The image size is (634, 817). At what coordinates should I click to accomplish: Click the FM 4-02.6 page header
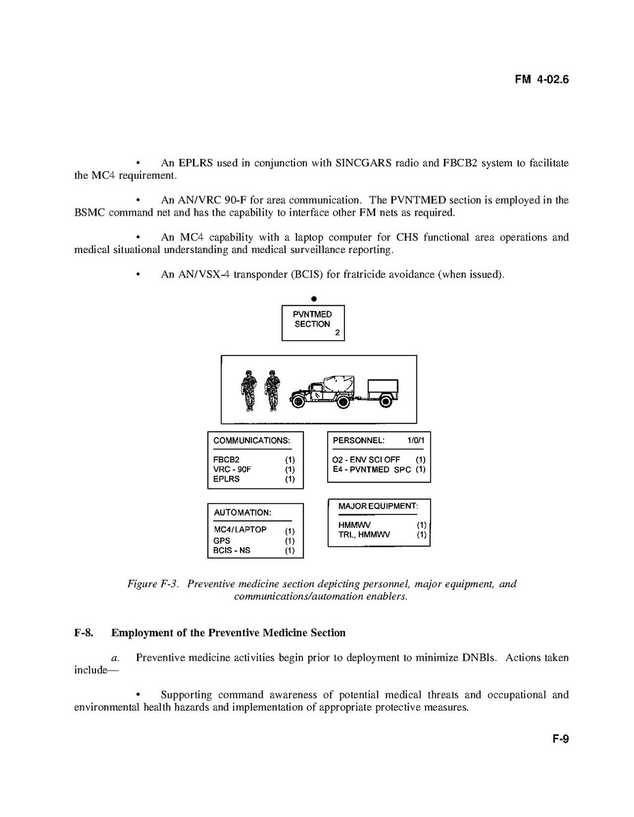[x=541, y=80]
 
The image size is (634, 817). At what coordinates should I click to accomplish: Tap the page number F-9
[x=560, y=739]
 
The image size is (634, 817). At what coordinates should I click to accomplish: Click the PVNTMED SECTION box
[x=313, y=323]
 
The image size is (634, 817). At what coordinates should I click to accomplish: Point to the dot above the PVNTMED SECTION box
[x=313, y=299]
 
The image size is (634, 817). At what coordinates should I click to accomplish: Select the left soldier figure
[x=249, y=390]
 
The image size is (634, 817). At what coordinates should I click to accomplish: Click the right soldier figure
[x=273, y=390]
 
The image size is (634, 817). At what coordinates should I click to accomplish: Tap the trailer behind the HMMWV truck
[x=380, y=391]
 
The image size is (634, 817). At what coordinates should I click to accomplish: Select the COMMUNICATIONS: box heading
[x=252, y=441]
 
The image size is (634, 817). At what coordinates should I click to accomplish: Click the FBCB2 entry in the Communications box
[x=226, y=460]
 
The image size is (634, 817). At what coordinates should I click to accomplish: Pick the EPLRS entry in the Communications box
[x=226, y=479]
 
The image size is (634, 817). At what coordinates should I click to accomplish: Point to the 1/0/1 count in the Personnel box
[x=415, y=441]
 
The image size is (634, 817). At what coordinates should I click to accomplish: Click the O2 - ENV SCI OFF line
[x=366, y=460]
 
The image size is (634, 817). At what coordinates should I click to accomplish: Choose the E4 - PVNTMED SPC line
[x=371, y=469]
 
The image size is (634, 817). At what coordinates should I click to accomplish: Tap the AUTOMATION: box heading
[x=243, y=512]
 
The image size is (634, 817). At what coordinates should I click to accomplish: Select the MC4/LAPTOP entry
[x=240, y=530]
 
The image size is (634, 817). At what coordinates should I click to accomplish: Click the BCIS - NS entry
[x=232, y=550]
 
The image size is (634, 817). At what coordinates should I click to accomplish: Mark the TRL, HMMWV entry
[x=364, y=535]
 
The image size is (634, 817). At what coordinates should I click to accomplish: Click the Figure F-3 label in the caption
[x=153, y=584]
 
